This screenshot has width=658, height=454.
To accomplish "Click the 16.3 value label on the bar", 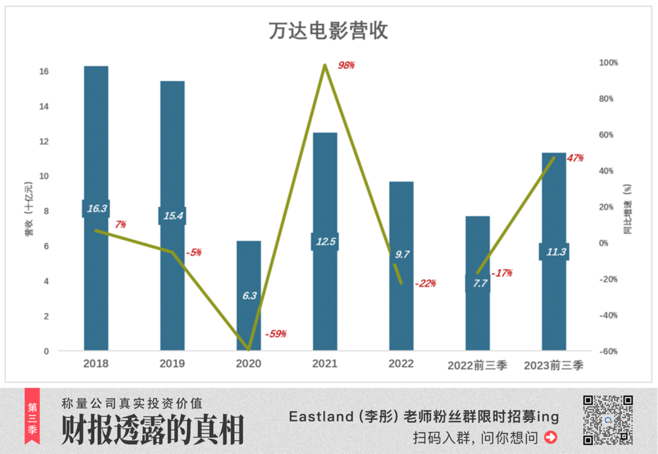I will [96, 209].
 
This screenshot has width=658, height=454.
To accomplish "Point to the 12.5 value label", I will [325, 241].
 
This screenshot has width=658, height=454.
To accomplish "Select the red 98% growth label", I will [346, 65].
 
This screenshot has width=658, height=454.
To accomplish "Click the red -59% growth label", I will [276, 334].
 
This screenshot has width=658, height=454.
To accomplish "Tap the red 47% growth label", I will [575, 158].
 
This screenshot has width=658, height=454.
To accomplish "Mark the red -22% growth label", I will [426, 284].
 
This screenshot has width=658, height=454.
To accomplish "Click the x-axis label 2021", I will [325, 364].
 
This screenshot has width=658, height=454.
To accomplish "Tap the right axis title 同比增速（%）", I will [627, 209].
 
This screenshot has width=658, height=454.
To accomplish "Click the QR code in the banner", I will [608, 420].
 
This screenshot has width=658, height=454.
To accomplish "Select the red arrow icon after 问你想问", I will [551, 437].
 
